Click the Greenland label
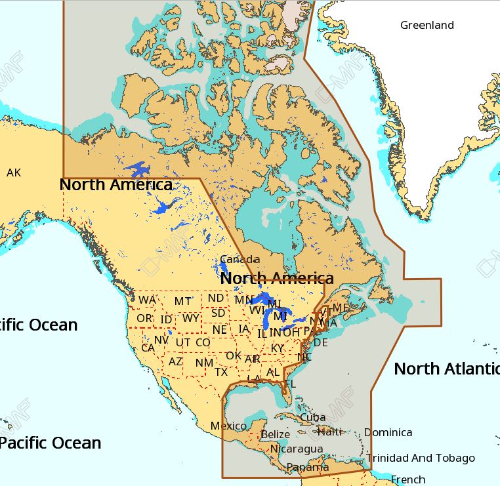tap(427, 26)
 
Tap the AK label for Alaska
tap(14, 173)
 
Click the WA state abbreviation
tap(147, 300)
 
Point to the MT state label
tap(183, 302)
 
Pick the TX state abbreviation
tap(221, 372)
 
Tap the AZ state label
tap(176, 361)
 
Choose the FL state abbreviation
tap(289, 384)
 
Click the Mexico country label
tap(228, 426)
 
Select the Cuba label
tap(312, 417)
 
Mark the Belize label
tap(275, 434)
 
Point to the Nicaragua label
tap(297, 449)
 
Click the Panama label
tap(308, 468)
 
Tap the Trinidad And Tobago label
tap(421, 458)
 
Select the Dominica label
tap(388, 432)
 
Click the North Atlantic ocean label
tap(446, 369)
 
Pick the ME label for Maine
tap(341, 308)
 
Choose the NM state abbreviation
tap(204, 363)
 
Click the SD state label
tap(218, 313)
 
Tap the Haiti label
tap(330, 432)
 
